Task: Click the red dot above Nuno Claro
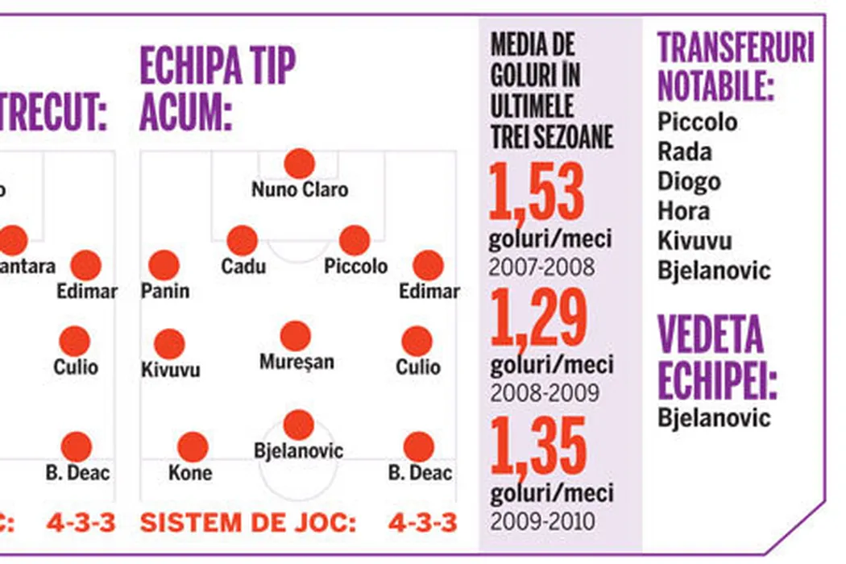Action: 299,164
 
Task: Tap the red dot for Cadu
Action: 242,240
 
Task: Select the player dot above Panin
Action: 164,265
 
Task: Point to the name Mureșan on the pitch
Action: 296,363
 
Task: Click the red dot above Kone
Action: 192,447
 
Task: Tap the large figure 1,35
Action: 538,447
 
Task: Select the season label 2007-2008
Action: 541,267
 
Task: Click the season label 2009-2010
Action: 541,520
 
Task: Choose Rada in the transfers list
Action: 685,151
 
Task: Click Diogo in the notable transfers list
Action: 689,181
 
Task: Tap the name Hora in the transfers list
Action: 683,211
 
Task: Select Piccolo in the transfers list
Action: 698,122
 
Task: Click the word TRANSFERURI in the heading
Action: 736,50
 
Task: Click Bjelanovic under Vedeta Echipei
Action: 714,418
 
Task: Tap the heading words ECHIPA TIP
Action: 218,65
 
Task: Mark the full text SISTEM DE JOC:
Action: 247,522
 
